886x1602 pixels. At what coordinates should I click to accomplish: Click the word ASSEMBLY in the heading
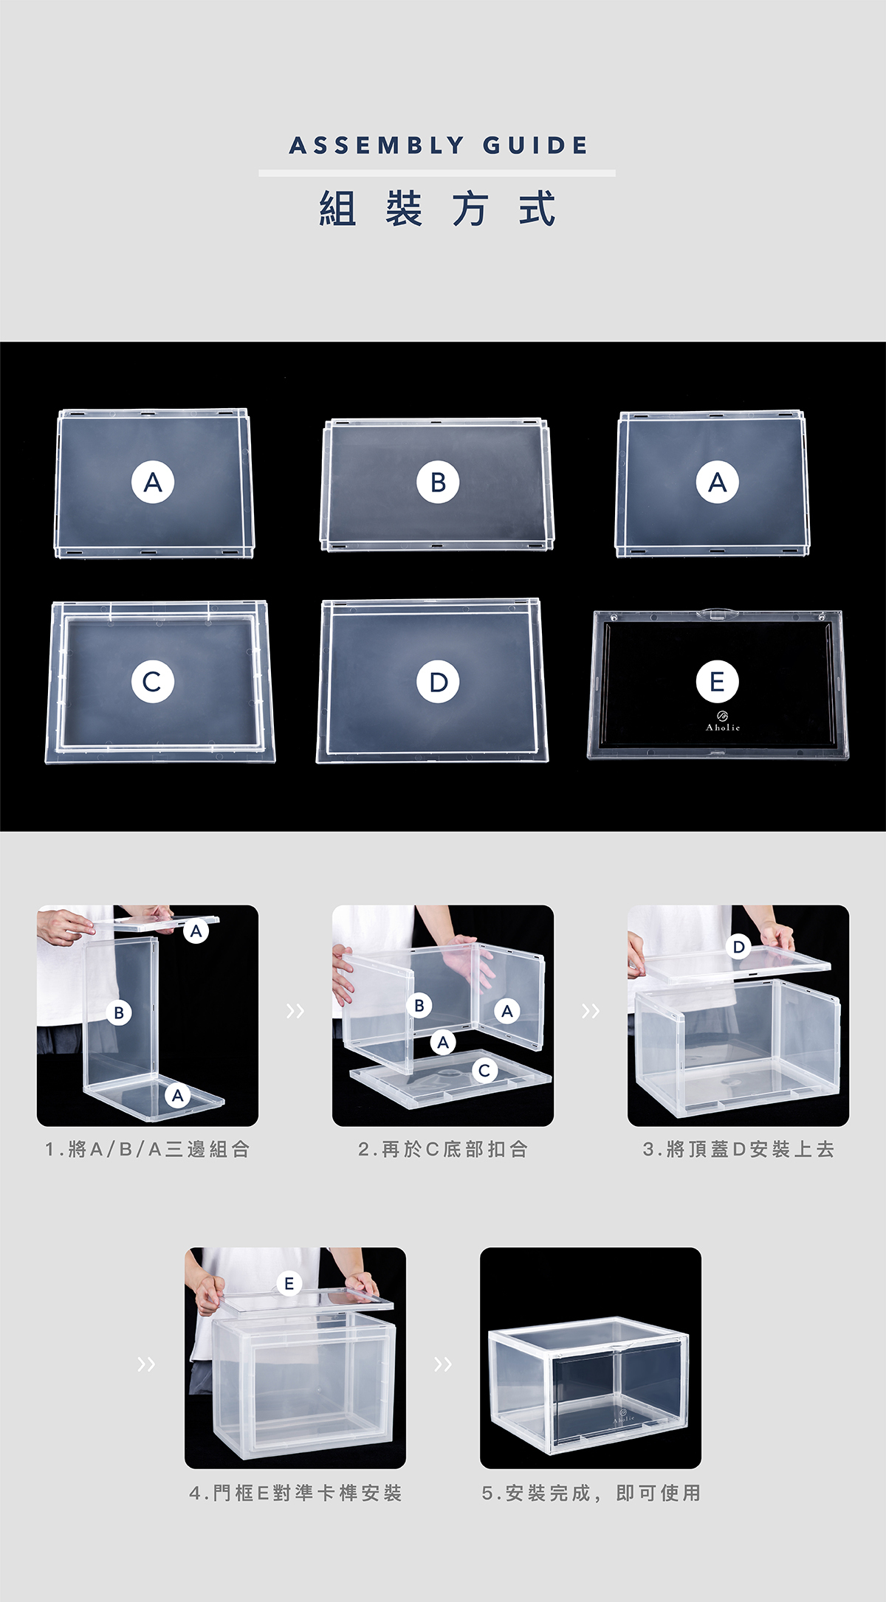click(377, 145)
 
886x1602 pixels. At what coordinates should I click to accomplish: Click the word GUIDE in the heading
click(536, 145)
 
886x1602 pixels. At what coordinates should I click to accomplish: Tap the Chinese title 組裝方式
click(437, 209)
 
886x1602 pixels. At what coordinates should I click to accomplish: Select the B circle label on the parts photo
click(438, 482)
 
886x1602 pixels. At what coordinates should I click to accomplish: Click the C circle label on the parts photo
click(153, 681)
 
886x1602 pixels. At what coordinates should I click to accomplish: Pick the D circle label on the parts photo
click(438, 681)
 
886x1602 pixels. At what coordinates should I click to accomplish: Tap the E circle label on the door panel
click(717, 681)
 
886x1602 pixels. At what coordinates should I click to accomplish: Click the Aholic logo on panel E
click(722, 722)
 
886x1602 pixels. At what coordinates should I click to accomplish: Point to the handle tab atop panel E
click(714, 612)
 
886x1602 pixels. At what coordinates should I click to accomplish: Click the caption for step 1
click(148, 1149)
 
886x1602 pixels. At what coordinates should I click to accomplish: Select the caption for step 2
click(443, 1149)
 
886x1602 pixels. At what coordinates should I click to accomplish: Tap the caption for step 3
click(738, 1149)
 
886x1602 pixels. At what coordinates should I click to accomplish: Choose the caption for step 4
click(295, 1493)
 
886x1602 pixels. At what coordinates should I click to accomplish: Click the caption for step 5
click(591, 1493)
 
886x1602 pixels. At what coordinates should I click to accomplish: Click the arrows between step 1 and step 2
click(295, 1010)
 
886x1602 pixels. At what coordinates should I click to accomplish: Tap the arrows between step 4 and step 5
click(443, 1364)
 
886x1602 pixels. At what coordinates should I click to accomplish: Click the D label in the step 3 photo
click(738, 947)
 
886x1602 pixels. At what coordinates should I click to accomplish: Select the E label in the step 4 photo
click(289, 1283)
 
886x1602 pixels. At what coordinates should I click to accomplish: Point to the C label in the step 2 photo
click(484, 1069)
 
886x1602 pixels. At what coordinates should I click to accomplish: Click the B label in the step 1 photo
click(119, 1012)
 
